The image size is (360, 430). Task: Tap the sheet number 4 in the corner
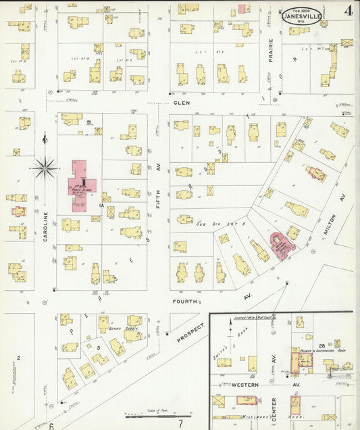coord(346,11)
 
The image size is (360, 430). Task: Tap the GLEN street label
coord(181,103)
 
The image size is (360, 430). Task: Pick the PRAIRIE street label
coord(271,51)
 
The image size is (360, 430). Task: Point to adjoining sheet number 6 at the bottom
coord(51,425)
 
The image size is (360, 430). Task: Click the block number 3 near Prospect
coord(99,348)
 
